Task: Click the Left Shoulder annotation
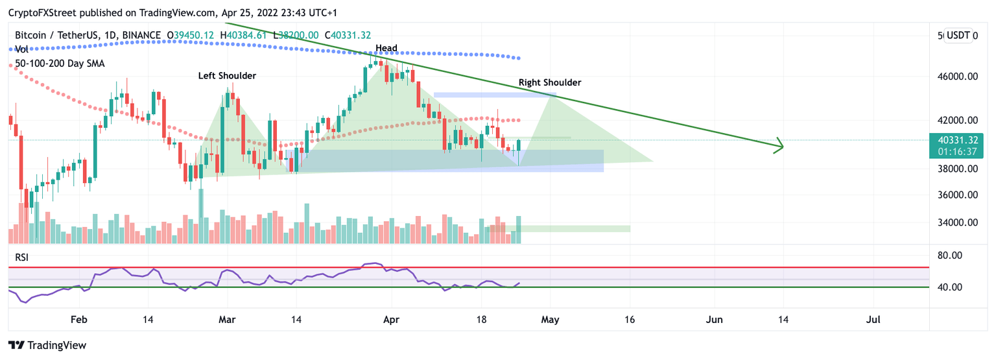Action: [x=227, y=76]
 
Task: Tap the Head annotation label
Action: [x=386, y=48]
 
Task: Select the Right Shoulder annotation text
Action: [x=550, y=82]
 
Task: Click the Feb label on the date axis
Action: [x=78, y=320]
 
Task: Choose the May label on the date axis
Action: [x=550, y=320]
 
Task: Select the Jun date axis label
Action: [x=714, y=320]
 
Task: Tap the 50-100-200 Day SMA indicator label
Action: [x=60, y=64]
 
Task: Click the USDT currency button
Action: [x=962, y=36]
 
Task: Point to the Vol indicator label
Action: [x=21, y=49]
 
